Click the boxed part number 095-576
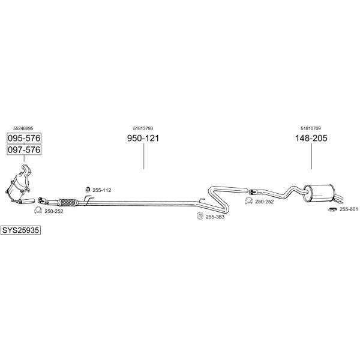click(24, 138)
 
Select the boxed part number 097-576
click(24, 150)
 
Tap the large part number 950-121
click(143, 138)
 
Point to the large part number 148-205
click(311, 138)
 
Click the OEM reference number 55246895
click(23, 128)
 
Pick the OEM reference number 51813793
click(143, 128)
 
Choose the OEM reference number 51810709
click(311, 128)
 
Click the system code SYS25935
click(20, 230)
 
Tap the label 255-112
click(102, 190)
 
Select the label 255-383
click(215, 217)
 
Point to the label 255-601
click(349, 209)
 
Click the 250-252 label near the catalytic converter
click(54, 211)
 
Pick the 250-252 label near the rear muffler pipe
click(265, 202)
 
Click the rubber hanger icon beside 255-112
click(88, 190)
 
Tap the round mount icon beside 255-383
click(200, 216)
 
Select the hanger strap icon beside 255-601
click(332, 209)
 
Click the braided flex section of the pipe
click(68, 202)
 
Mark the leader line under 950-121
click(144, 157)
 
